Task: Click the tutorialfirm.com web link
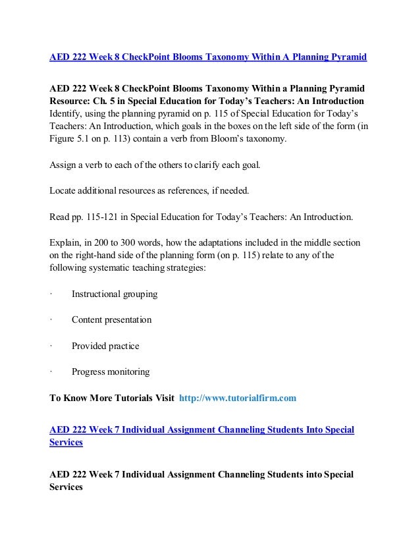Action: pos(237,398)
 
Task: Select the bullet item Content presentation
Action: pos(111,320)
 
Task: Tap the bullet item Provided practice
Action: pos(105,346)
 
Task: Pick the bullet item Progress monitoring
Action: pos(110,372)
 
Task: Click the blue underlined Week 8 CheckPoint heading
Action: pos(208,57)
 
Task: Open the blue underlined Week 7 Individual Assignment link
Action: pos(201,430)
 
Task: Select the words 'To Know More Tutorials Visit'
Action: pos(112,398)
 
